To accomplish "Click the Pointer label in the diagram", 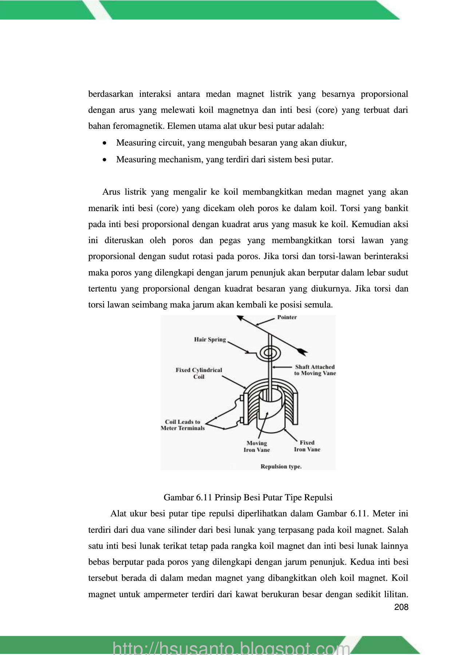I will [x=287, y=317].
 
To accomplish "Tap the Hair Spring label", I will [x=210, y=340].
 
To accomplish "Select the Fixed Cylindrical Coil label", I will [x=199, y=373].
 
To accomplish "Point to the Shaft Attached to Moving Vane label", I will [x=315, y=370].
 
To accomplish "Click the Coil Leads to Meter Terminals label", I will [x=183, y=425].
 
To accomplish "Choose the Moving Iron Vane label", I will [x=257, y=446].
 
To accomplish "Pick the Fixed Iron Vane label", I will [x=307, y=446].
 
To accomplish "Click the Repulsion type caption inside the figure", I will [x=281, y=467].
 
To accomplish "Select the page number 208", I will [x=401, y=607].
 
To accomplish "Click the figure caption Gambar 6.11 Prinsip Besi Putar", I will [x=248, y=497].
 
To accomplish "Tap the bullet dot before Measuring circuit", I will [x=105, y=143].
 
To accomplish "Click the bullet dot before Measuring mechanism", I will [x=105, y=160].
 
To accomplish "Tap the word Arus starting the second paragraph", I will [x=111, y=192].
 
